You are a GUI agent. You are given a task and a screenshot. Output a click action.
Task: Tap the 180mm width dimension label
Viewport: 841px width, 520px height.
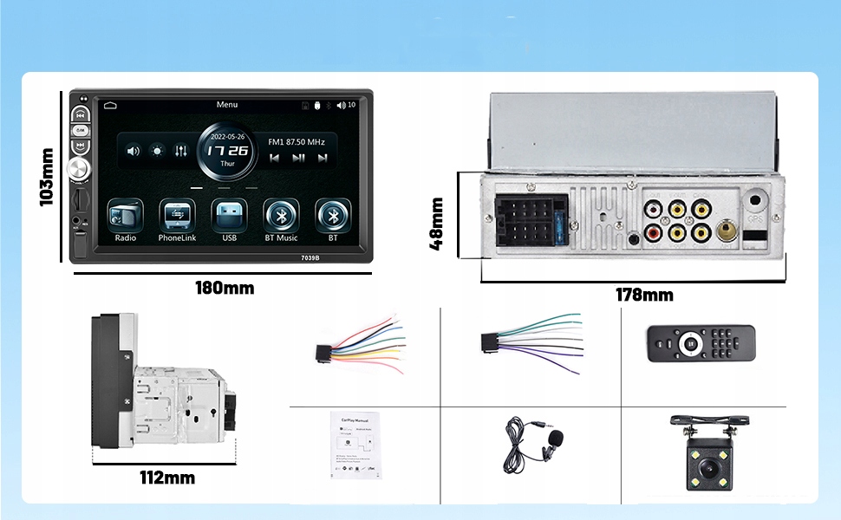(225, 288)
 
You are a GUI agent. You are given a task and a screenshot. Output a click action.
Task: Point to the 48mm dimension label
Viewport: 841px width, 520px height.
(437, 223)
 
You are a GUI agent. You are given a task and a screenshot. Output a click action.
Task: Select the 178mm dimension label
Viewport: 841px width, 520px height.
(644, 295)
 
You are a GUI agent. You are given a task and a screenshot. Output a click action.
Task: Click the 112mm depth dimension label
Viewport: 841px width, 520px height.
(167, 478)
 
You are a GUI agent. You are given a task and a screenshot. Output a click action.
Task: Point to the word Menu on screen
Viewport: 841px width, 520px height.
(227, 105)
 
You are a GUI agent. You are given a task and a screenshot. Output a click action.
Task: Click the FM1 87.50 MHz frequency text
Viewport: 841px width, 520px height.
(297, 141)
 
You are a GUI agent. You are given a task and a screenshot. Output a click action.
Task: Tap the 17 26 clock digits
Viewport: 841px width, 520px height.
(227, 150)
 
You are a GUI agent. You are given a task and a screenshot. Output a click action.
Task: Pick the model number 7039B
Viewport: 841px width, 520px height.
(311, 257)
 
